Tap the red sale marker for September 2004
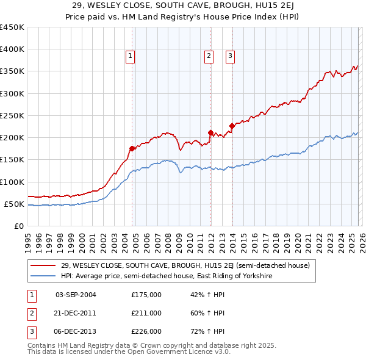pyautogui.click(x=132, y=148)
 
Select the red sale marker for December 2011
pyautogui.click(x=210, y=132)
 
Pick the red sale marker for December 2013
pyautogui.click(x=232, y=126)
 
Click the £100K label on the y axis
pyautogui.click(x=12, y=182)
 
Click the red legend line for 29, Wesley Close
pyautogui.click(x=44, y=265)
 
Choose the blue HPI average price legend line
pyautogui.click(x=44, y=276)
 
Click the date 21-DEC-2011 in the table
pyautogui.click(x=76, y=313)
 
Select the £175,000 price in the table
pyautogui.click(x=146, y=295)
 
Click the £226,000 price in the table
pyautogui.click(x=146, y=331)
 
